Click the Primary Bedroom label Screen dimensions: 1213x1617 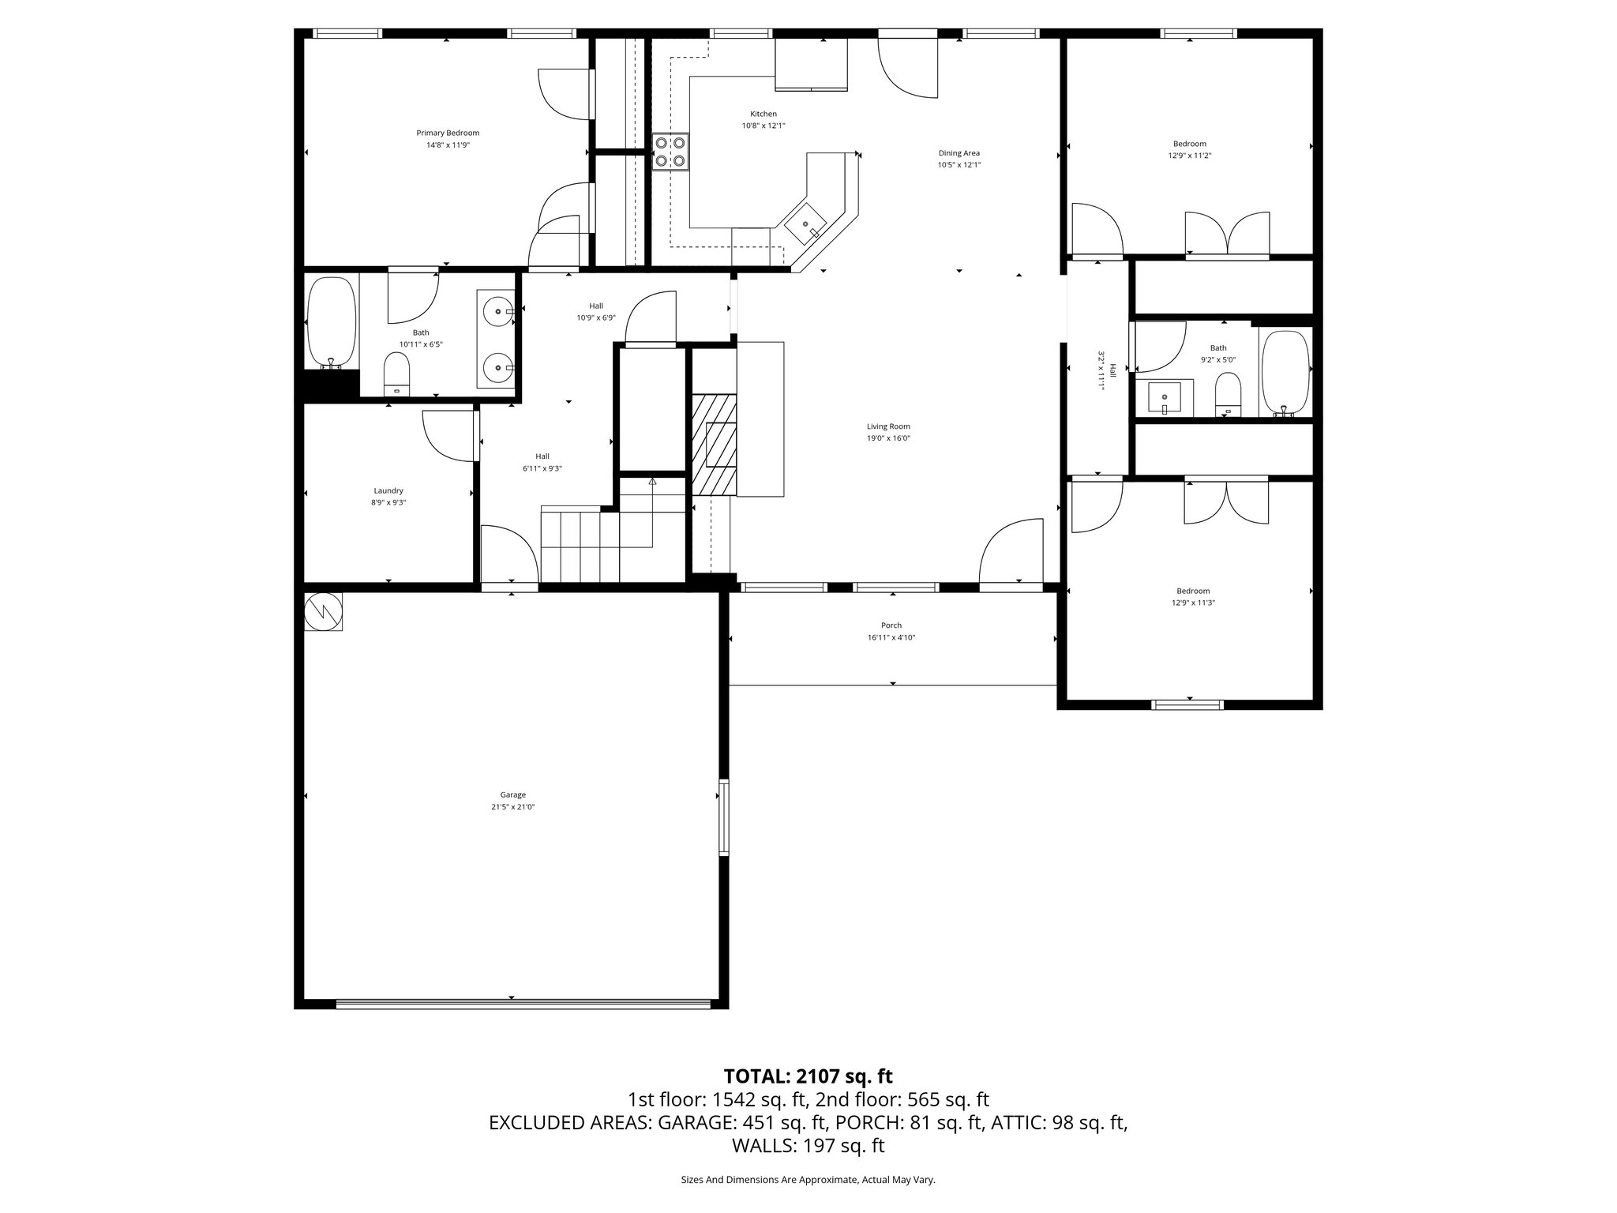click(x=448, y=133)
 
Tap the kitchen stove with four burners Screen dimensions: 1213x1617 click(x=670, y=152)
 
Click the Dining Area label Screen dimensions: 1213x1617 click(x=959, y=153)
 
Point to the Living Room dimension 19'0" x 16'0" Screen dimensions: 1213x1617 click(x=888, y=438)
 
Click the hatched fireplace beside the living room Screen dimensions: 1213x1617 click(x=714, y=445)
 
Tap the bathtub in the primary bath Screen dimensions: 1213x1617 click(x=332, y=321)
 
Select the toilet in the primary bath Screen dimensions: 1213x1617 click(x=396, y=373)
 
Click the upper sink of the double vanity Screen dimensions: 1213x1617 click(x=497, y=312)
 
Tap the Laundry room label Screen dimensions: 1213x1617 click(x=388, y=490)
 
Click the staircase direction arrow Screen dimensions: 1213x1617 click(x=652, y=482)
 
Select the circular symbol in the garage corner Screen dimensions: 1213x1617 click(x=323, y=611)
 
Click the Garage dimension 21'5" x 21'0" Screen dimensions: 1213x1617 click(x=512, y=807)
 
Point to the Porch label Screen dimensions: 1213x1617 click(x=891, y=625)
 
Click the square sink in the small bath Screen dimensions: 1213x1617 click(x=1165, y=397)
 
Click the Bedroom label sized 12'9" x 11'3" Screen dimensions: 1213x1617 click(x=1192, y=591)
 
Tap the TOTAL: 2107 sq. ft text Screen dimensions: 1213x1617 click(x=808, y=1076)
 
